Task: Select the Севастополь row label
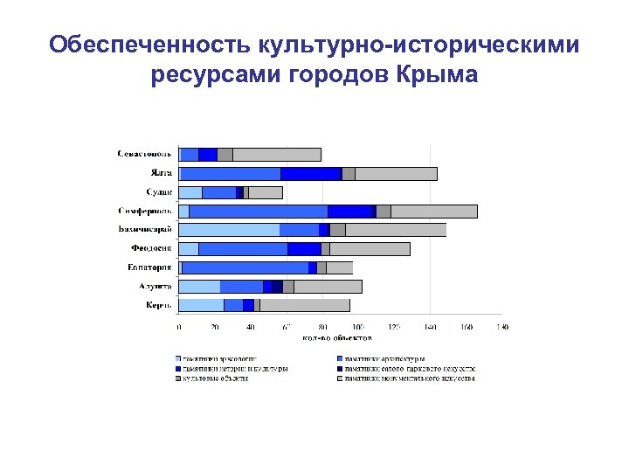146,155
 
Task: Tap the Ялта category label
161,173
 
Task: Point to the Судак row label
159,192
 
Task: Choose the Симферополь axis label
146,211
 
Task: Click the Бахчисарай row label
146,230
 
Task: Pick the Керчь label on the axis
159,305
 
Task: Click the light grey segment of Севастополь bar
276,155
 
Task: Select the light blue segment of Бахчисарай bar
229,230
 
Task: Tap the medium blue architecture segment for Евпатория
245,267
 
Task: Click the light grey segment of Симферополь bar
433,211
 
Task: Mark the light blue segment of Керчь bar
201,305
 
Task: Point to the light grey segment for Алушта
328,286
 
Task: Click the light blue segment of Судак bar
190,192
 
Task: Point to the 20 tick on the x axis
215,327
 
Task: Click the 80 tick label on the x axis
322,327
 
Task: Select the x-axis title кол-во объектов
337,337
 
